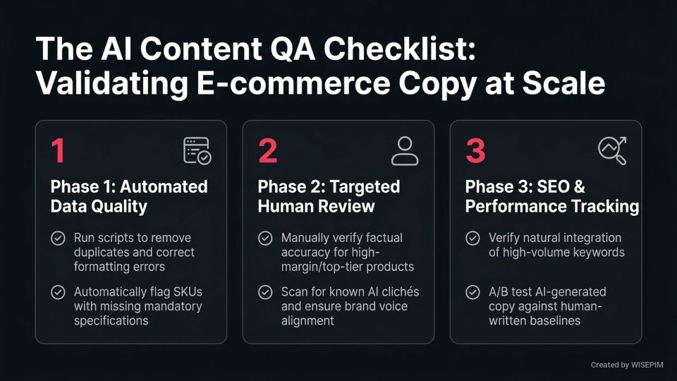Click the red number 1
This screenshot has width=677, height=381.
[x=58, y=151]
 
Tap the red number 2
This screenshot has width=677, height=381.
[x=267, y=151]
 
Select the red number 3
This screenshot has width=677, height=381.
[x=475, y=151]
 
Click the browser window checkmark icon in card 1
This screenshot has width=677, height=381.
[x=197, y=151]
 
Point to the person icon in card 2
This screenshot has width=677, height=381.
[x=405, y=151]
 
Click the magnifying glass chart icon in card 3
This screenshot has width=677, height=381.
[x=612, y=150]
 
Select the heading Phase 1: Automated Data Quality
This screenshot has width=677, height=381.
[x=129, y=196]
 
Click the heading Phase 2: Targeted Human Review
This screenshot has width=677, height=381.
[x=329, y=196]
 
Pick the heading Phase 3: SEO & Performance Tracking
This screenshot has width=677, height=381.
[x=552, y=196]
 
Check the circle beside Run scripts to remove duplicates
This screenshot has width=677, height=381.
[x=58, y=238]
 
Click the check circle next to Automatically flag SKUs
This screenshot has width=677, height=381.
[x=58, y=292]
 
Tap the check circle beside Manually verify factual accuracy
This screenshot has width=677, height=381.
[x=265, y=238]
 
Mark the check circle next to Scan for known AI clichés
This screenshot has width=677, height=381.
[x=265, y=292]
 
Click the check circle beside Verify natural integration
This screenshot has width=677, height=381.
[x=473, y=238]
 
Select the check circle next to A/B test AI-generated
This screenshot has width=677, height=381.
[x=473, y=292]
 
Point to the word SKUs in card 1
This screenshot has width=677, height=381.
[x=190, y=291]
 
